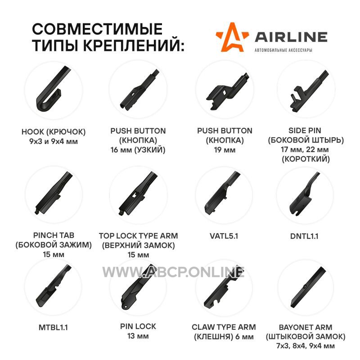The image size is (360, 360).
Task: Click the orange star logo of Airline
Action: pos(232,38)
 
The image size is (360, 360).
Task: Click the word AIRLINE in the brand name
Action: pos(291,37)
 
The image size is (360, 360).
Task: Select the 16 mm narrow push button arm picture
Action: pos(139,90)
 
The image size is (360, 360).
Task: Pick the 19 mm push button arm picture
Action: pos(227,92)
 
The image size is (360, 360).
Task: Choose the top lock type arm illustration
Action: pos(138,193)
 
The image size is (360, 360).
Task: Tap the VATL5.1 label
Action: pos(224,236)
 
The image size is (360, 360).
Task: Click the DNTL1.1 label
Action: pos(304,236)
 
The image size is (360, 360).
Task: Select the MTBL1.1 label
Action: pos(53,328)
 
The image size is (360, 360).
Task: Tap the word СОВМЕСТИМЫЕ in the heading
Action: pos(97,29)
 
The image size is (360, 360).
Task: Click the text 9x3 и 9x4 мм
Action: pos(54,141)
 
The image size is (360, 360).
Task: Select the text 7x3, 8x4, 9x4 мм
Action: pos(306,346)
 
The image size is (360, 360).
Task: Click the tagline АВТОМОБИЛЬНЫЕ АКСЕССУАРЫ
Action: pos(283,50)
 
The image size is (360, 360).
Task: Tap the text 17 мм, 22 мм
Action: pos(305,149)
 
